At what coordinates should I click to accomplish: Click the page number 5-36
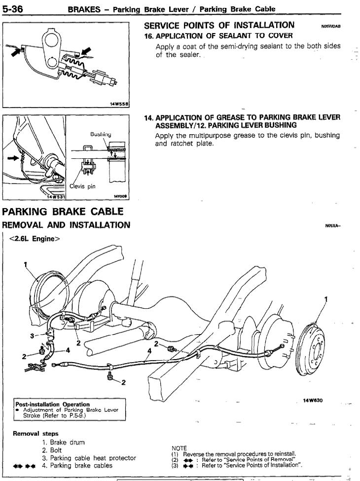(x=15, y=8)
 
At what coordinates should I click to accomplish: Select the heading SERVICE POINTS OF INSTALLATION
(x=219, y=25)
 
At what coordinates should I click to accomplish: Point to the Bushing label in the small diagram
(x=100, y=134)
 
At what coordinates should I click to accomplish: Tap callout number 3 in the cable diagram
(x=33, y=335)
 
